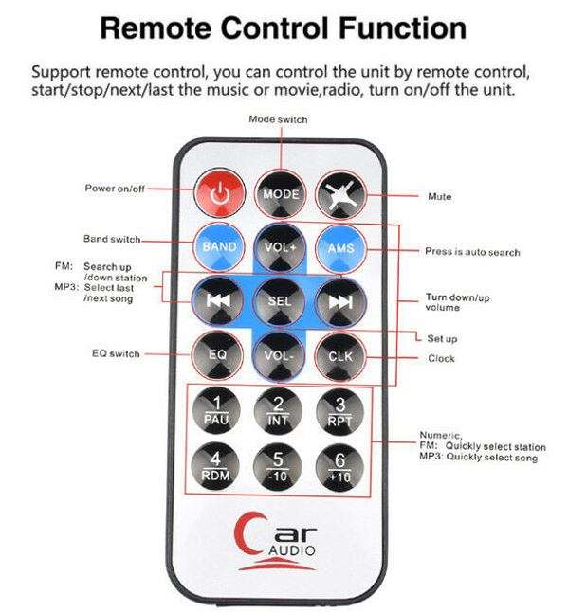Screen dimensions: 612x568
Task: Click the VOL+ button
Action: click(279, 247)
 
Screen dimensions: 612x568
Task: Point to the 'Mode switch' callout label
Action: click(278, 119)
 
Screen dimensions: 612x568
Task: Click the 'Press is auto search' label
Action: click(472, 252)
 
